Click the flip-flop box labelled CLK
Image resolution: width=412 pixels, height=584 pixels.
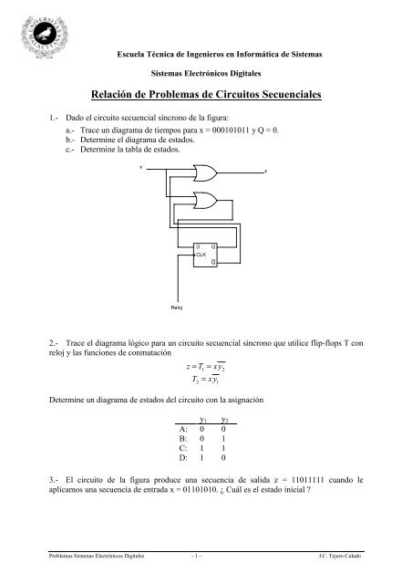pos(204,255)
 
